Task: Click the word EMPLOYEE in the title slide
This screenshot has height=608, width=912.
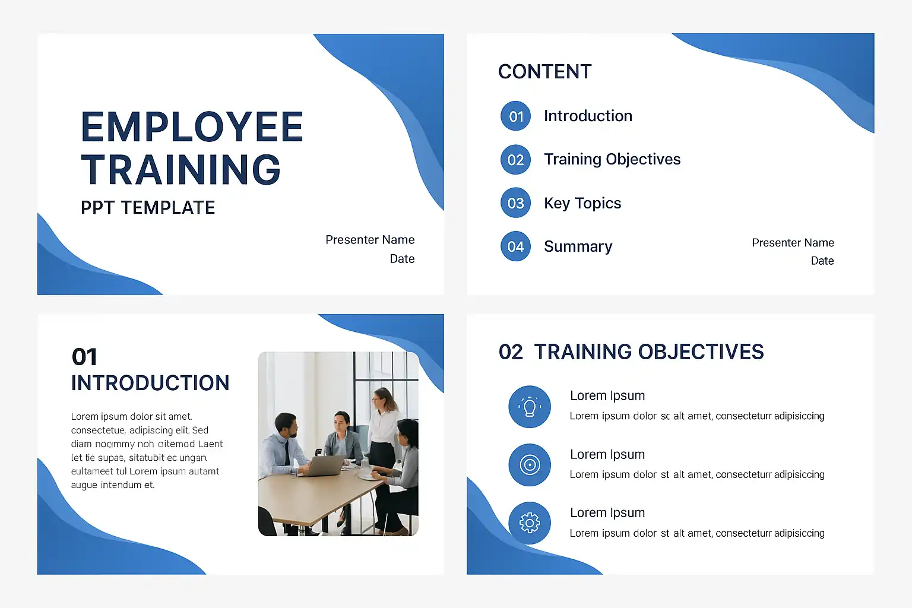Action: pyautogui.click(x=192, y=126)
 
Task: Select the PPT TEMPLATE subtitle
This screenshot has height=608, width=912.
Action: pyautogui.click(x=148, y=208)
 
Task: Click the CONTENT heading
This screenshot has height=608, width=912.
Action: pyautogui.click(x=544, y=72)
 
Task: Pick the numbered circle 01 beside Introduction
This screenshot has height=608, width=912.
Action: pyautogui.click(x=515, y=116)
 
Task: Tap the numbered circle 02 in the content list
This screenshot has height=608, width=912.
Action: pyautogui.click(x=515, y=160)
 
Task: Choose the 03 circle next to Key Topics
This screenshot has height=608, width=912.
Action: pyautogui.click(x=515, y=203)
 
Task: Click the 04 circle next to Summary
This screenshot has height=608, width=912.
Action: pyautogui.click(x=515, y=246)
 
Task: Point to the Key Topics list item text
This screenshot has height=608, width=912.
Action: pyautogui.click(x=582, y=203)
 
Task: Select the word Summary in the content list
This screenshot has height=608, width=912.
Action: pyautogui.click(x=578, y=246)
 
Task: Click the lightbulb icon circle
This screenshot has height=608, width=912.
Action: pyautogui.click(x=530, y=407)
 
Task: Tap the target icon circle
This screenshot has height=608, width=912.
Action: pyautogui.click(x=530, y=465)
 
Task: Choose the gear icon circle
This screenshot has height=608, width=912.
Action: pyautogui.click(x=530, y=523)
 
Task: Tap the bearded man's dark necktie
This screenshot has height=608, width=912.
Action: pyautogui.click(x=287, y=453)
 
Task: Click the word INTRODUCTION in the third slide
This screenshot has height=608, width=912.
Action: pyautogui.click(x=150, y=383)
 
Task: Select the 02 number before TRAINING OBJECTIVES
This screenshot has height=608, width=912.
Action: pyautogui.click(x=511, y=352)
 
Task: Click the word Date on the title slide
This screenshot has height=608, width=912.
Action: pyautogui.click(x=402, y=259)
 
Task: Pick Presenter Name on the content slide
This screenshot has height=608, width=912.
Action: pyautogui.click(x=793, y=243)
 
